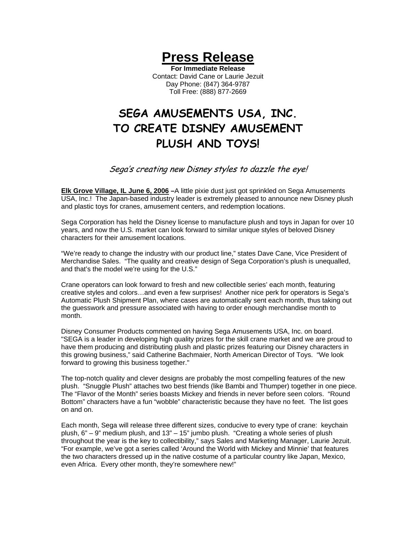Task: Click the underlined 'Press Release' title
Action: click(x=208, y=57)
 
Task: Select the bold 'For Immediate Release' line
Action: click(x=208, y=68)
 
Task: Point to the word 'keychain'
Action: click(x=334, y=425)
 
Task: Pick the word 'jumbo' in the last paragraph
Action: click(x=196, y=433)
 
